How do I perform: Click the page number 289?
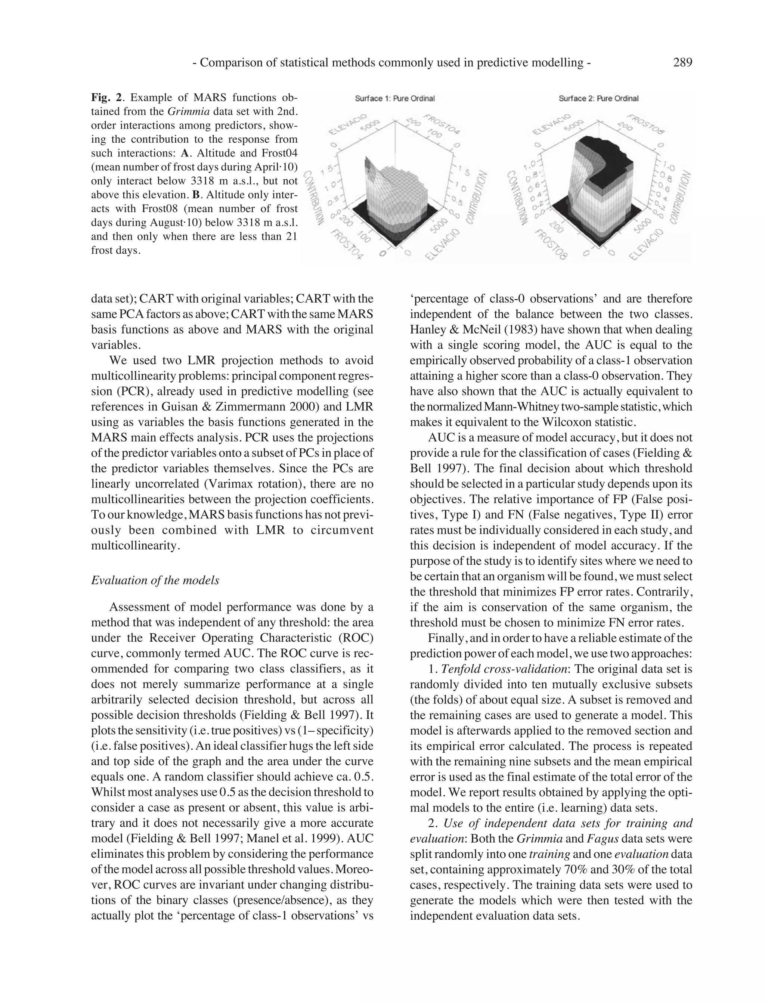pos(682,63)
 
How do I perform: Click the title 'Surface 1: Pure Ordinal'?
pos(395,98)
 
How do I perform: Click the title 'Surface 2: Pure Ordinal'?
pos(598,98)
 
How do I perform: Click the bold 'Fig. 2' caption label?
pos(106,97)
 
